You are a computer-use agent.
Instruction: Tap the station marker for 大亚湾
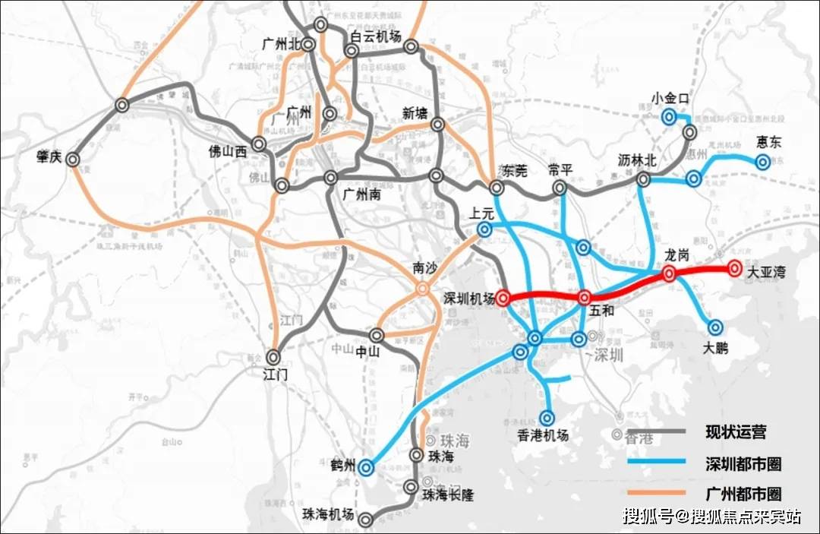point(734,268)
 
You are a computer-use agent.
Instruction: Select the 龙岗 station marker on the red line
point(669,274)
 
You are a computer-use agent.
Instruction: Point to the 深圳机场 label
point(468,299)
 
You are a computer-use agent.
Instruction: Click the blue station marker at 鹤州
point(366,467)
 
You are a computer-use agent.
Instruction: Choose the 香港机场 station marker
point(548,417)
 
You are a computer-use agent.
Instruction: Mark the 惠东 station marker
point(762,161)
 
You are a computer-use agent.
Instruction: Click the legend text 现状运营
point(736,432)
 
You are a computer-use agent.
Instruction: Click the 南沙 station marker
point(422,289)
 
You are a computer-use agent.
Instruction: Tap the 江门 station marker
point(274,356)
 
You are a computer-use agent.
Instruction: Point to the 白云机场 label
point(375,35)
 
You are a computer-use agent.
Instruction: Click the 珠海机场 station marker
point(366,520)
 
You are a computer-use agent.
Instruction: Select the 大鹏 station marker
point(715,327)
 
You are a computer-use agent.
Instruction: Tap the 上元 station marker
point(484,229)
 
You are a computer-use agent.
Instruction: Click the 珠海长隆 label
point(448,495)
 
